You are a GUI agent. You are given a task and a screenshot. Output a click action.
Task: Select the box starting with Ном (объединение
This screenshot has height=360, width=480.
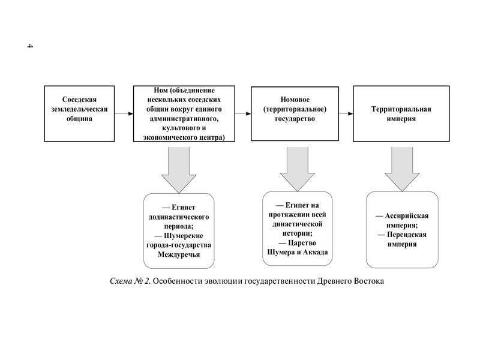(x=184, y=113)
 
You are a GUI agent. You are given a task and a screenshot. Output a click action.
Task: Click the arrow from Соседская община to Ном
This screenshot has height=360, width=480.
(x=123, y=113)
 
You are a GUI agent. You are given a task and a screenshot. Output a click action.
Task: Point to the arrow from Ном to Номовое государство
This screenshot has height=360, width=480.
(x=242, y=113)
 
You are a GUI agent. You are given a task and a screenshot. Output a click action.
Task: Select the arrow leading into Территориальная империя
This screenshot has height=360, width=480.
(x=346, y=113)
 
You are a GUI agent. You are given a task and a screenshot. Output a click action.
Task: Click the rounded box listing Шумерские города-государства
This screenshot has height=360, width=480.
(x=178, y=231)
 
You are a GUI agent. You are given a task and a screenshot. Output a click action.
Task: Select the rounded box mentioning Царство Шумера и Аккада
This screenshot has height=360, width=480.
(x=297, y=229)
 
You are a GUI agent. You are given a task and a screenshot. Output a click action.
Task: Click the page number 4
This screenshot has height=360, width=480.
(x=29, y=47)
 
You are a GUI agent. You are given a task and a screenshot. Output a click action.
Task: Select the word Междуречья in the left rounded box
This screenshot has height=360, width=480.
(x=178, y=255)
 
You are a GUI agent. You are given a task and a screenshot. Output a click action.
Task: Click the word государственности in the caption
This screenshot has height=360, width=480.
(x=278, y=281)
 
